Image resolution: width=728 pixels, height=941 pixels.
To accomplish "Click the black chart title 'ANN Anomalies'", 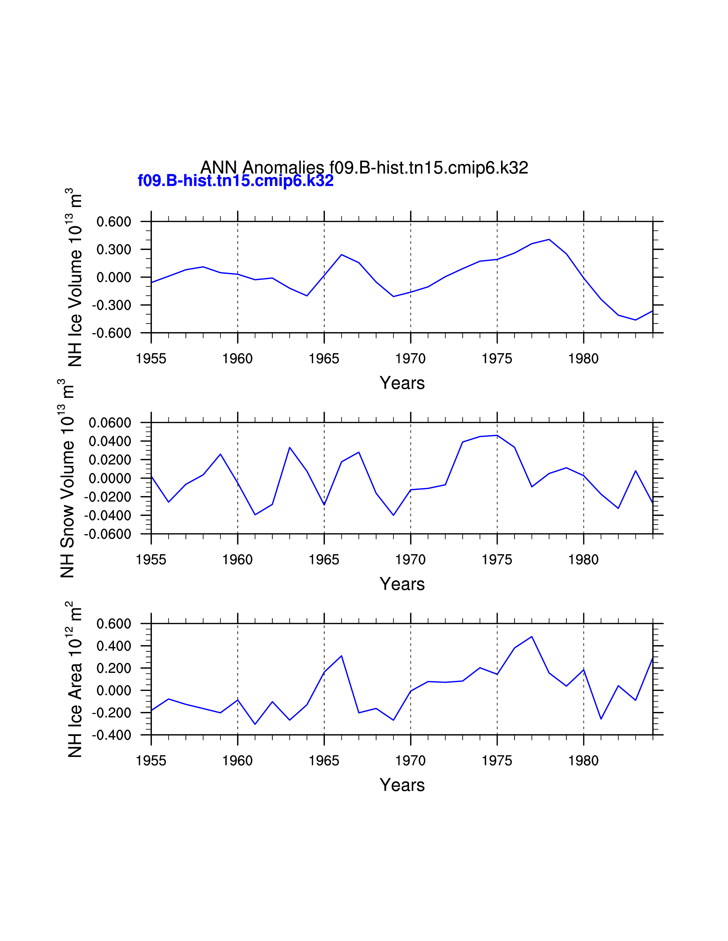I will click(262, 168).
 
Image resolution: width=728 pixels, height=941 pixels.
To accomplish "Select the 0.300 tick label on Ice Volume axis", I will click(113, 250).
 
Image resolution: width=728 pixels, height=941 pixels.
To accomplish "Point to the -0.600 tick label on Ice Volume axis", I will click(111, 333).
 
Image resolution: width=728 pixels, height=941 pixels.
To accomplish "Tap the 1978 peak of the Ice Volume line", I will click(549, 239).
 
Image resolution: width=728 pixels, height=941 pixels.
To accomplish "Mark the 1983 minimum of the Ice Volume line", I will click(635, 320).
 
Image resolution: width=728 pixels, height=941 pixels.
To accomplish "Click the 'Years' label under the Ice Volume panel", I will click(402, 383).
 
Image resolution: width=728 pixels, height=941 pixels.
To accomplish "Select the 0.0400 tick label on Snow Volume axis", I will click(110, 441).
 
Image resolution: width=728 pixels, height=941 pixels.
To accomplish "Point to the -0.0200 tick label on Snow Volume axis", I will click(107, 497).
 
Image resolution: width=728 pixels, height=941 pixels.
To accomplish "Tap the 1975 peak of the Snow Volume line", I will click(497, 435).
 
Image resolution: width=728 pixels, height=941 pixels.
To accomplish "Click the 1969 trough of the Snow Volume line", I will click(393, 515).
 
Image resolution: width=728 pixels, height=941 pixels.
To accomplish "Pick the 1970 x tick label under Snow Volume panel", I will click(410, 560).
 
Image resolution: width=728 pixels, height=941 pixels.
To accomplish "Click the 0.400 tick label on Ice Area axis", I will click(113, 646).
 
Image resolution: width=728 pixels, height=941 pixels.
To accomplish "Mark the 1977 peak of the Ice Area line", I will click(532, 636).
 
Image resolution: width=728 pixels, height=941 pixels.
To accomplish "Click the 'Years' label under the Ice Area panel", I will click(402, 785).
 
